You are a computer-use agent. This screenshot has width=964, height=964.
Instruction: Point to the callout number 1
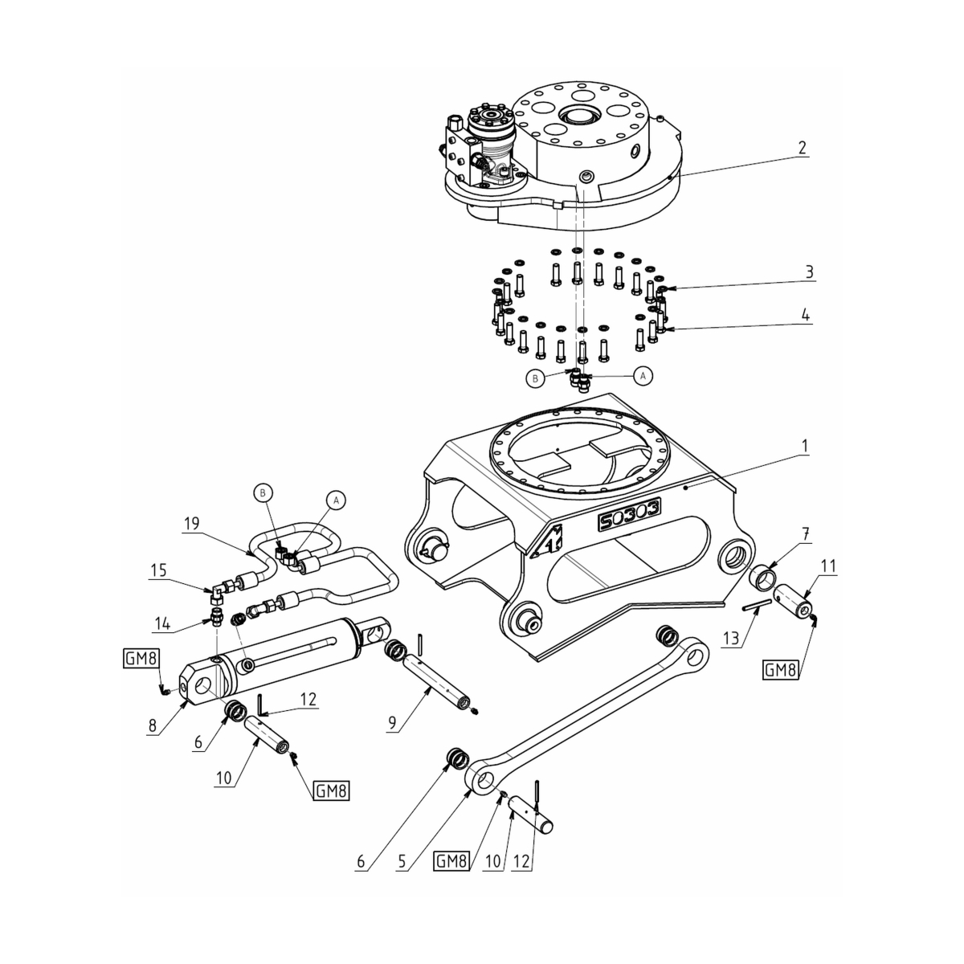click(x=805, y=443)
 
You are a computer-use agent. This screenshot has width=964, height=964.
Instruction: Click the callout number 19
click(x=191, y=524)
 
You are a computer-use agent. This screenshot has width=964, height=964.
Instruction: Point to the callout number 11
click(x=828, y=566)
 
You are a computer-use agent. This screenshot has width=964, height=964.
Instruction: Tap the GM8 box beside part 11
click(x=781, y=669)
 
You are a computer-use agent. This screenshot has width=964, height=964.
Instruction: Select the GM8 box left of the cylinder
click(x=141, y=658)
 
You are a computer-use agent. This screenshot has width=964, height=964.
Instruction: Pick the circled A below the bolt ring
click(x=642, y=374)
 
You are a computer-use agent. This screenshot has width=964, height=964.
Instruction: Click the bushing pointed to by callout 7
click(x=763, y=577)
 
